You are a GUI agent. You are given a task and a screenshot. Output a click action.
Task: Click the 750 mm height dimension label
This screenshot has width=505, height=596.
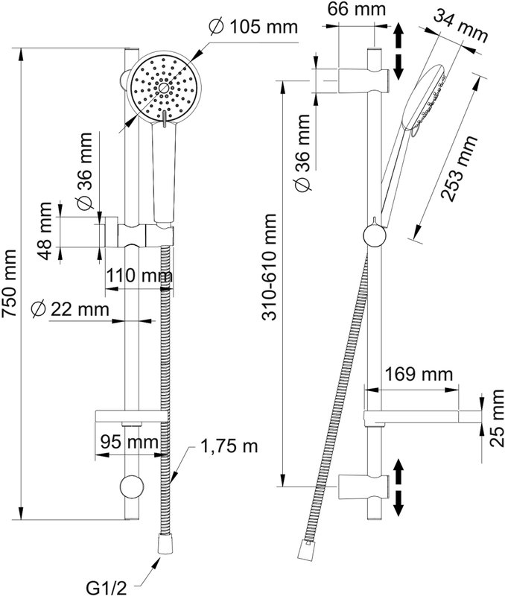click(9, 283)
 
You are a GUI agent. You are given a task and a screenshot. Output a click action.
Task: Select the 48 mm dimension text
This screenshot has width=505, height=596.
click(45, 231)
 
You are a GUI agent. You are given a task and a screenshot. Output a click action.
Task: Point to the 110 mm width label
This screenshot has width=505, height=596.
click(139, 275)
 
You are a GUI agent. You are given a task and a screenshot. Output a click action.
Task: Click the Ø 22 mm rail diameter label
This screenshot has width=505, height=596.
click(71, 308)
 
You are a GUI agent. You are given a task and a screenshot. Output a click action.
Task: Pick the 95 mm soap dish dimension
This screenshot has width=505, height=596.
click(130, 442)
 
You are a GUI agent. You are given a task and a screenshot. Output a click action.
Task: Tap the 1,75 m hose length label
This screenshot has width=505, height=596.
click(229, 446)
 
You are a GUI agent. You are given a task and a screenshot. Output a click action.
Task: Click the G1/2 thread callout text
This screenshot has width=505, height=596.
click(106, 589)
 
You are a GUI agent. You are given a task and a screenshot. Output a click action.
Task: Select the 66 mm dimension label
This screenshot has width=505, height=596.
click(357, 9)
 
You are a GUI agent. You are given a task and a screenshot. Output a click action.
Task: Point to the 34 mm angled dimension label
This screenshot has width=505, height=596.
click(461, 26)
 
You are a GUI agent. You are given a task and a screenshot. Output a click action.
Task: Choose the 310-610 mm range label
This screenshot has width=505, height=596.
click(270, 267)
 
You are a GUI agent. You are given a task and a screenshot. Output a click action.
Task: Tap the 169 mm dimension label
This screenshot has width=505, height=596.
click(419, 375)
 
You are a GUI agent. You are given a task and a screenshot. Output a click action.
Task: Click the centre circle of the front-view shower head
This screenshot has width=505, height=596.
click(164, 88)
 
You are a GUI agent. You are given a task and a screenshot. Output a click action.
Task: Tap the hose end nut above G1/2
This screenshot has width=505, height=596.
click(166, 544)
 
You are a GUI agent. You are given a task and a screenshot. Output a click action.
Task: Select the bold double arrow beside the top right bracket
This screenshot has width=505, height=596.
click(398, 51)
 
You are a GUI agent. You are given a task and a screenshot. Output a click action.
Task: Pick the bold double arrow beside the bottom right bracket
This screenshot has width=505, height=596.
click(398, 487)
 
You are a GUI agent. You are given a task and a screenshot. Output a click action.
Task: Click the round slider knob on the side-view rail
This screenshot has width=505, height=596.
click(375, 235)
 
